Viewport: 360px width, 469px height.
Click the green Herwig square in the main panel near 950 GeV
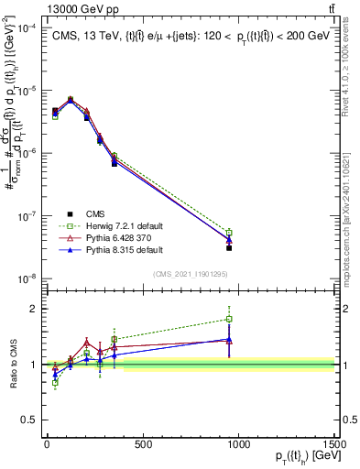coord(229,233)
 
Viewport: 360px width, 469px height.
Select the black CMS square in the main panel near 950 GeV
coord(229,248)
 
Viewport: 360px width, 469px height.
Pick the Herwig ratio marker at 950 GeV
coord(229,319)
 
